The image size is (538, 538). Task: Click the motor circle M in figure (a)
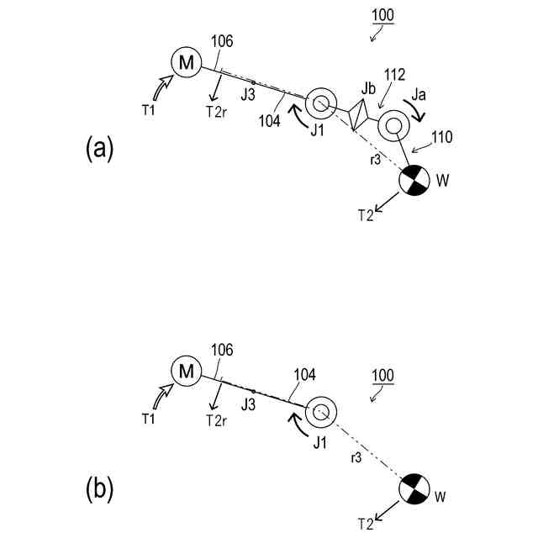pyautogui.click(x=186, y=61)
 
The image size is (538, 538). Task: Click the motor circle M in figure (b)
pyautogui.click(x=186, y=369)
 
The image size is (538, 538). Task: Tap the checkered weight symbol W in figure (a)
pyautogui.click(x=413, y=180)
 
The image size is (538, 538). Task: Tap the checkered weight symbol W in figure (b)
pyautogui.click(x=413, y=488)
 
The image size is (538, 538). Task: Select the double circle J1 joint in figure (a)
pyautogui.click(x=319, y=103)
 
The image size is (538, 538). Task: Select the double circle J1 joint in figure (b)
pyautogui.click(x=319, y=412)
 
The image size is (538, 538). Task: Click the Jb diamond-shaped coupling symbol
pyautogui.click(x=359, y=113)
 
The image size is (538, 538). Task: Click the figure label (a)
pyautogui.click(x=99, y=149)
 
